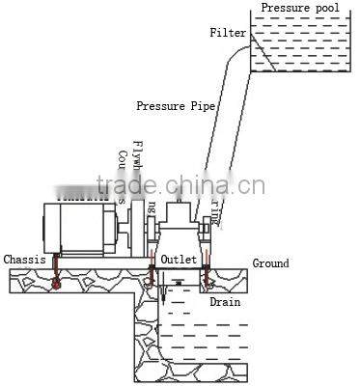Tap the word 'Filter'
(x=229, y=33)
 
